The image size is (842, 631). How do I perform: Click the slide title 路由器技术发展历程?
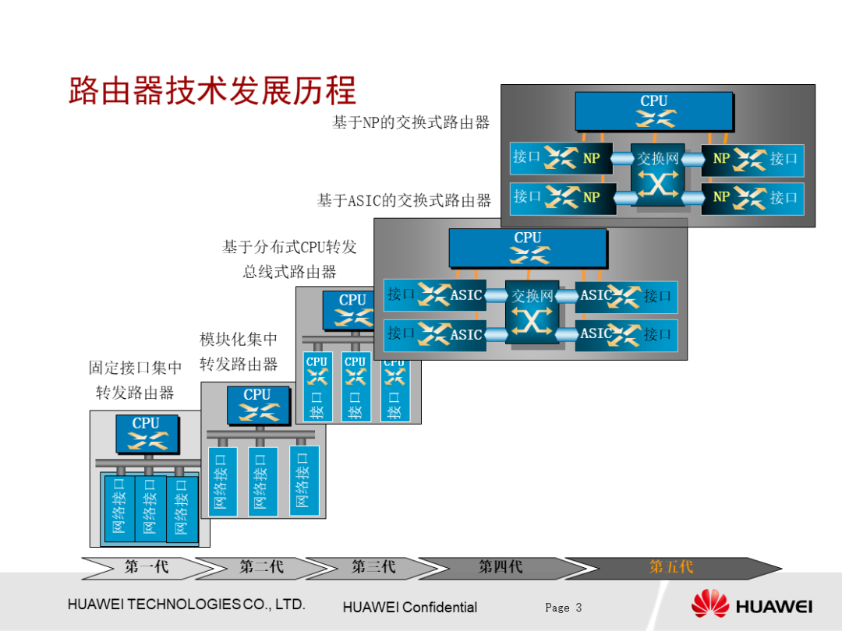pos(212,91)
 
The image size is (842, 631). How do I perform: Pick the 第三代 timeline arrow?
pos(373,567)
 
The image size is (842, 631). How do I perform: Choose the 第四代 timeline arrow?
pos(500,567)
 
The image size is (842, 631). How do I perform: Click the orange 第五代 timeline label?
pos(671,567)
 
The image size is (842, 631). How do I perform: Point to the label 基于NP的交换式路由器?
pos(411,122)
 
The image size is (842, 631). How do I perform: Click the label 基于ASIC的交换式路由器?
pos(404,201)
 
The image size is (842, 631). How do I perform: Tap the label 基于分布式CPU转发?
pos(289,247)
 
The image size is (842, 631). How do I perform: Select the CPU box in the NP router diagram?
pos(653,111)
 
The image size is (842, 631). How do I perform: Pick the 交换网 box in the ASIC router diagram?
pos(532,311)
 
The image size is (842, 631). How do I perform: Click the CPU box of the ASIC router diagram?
pos(527,247)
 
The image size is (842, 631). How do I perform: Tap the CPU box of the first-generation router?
pos(147,432)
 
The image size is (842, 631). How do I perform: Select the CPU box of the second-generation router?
pos(257,404)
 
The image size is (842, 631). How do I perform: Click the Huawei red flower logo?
pos(709,605)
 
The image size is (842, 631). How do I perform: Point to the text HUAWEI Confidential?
pos(409,608)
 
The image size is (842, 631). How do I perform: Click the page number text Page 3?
pos(563,608)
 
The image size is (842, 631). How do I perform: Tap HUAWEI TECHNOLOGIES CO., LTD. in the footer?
pos(186,605)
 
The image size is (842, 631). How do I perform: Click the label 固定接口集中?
pos(135,368)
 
